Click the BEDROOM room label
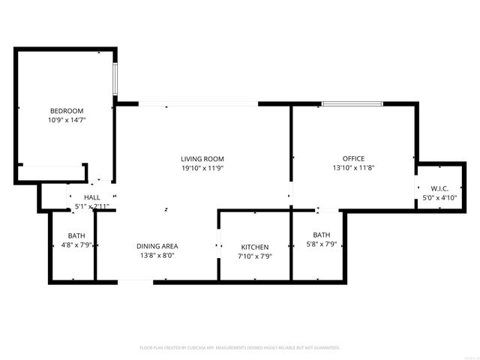pos(67,111)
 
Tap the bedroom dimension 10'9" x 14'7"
pos(67,120)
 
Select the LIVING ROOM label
pos(202,159)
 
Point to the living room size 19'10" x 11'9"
pos(202,168)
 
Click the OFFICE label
pos(353,159)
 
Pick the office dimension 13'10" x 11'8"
pos(353,168)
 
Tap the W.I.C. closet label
pos(439,188)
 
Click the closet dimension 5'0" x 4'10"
pos(439,197)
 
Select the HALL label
pos(92,197)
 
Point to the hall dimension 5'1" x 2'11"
pos(92,206)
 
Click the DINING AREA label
pos(157,246)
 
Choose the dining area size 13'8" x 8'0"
pos(157,256)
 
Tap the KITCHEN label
pos(254,247)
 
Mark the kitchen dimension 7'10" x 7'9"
pos(254,256)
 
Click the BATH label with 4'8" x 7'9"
pos(76,235)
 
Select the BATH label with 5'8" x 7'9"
pos(321,235)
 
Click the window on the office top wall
pos(352,103)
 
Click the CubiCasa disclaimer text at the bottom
pos(240,348)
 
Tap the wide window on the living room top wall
pos(199,103)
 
